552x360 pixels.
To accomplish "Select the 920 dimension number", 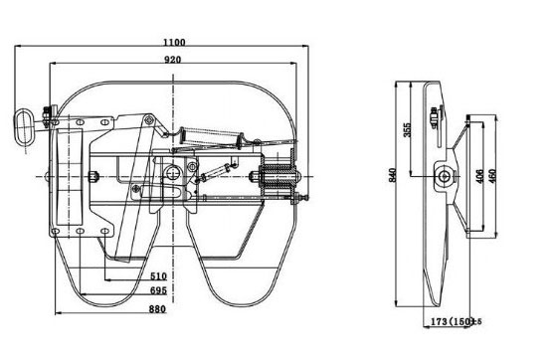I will coord(175,61).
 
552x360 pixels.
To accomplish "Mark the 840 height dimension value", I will coord(393,176).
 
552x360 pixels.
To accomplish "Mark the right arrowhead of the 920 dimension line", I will coord(299,67).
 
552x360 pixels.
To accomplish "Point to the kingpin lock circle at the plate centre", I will coord(177,176).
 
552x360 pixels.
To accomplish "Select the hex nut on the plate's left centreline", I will coord(92,177).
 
